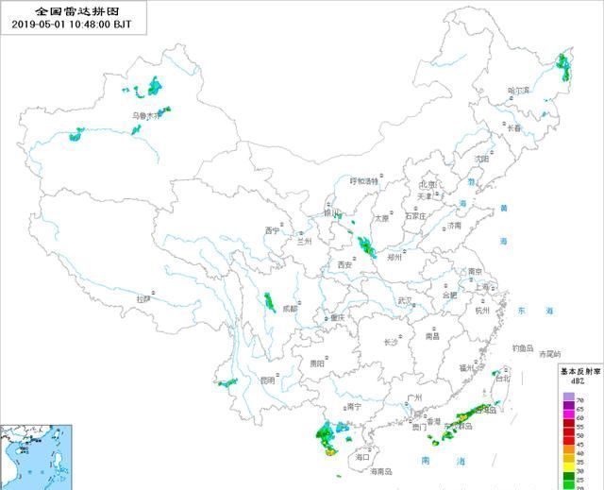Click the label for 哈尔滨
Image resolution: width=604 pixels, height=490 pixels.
coord(519,91)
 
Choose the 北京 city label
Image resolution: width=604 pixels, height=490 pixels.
coord(428,185)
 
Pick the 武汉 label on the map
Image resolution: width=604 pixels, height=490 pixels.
coord(405,300)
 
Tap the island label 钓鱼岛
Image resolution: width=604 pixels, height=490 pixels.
coord(525,347)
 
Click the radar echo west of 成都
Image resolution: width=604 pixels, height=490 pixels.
coord(268,302)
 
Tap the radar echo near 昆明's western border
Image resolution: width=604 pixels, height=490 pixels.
coord(226,382)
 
